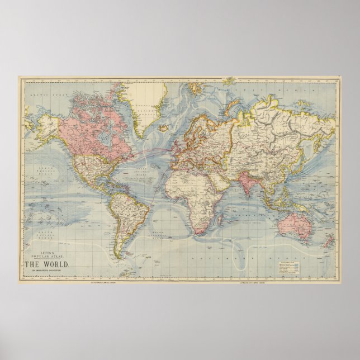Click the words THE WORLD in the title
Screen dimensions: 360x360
click(x=54, y=264)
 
